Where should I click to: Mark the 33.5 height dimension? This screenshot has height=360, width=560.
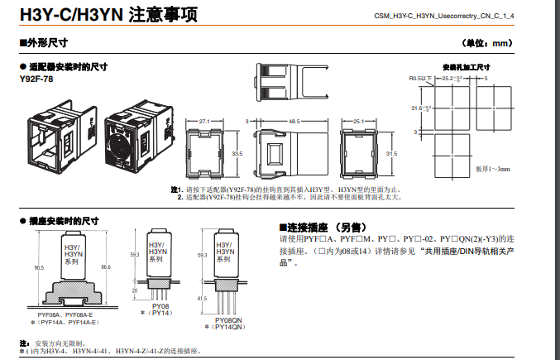pos(237,154)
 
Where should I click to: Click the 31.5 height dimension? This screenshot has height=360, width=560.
pos(392,154)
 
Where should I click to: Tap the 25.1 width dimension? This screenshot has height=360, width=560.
pos(358,121)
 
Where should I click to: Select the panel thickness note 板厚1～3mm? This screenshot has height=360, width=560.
pos(492,169)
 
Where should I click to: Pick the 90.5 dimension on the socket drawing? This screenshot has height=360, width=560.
pos(39,268)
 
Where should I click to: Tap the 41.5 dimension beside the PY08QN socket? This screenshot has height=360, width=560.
pos(203,298)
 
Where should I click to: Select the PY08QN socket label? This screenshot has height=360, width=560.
pos(227,319)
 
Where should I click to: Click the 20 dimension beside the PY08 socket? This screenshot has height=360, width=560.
pos(135,291)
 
